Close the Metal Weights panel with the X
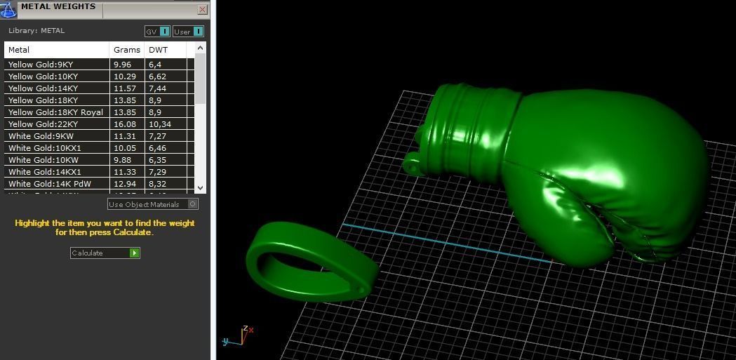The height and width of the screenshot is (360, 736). pyautogui.click(x=202, y=10)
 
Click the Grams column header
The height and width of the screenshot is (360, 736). pyautogui.click(x=127, y=50)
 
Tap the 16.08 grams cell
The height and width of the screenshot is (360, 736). pyautogui.click(x=127, y=124)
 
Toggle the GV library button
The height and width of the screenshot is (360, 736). pyautogui.click(x=157, y=32)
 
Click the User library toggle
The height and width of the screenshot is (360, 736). pyautogui.click(x=188, y=32)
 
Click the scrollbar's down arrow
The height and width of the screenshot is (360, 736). pyautogui.click(x=201, y=187)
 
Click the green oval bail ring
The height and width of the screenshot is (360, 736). pyautogui.click(x=309, y=260)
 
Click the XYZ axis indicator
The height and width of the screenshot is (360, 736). pyautogui.click(x=240, y=337)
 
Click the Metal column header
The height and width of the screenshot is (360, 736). pyautogui.click(x=56, y=50)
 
